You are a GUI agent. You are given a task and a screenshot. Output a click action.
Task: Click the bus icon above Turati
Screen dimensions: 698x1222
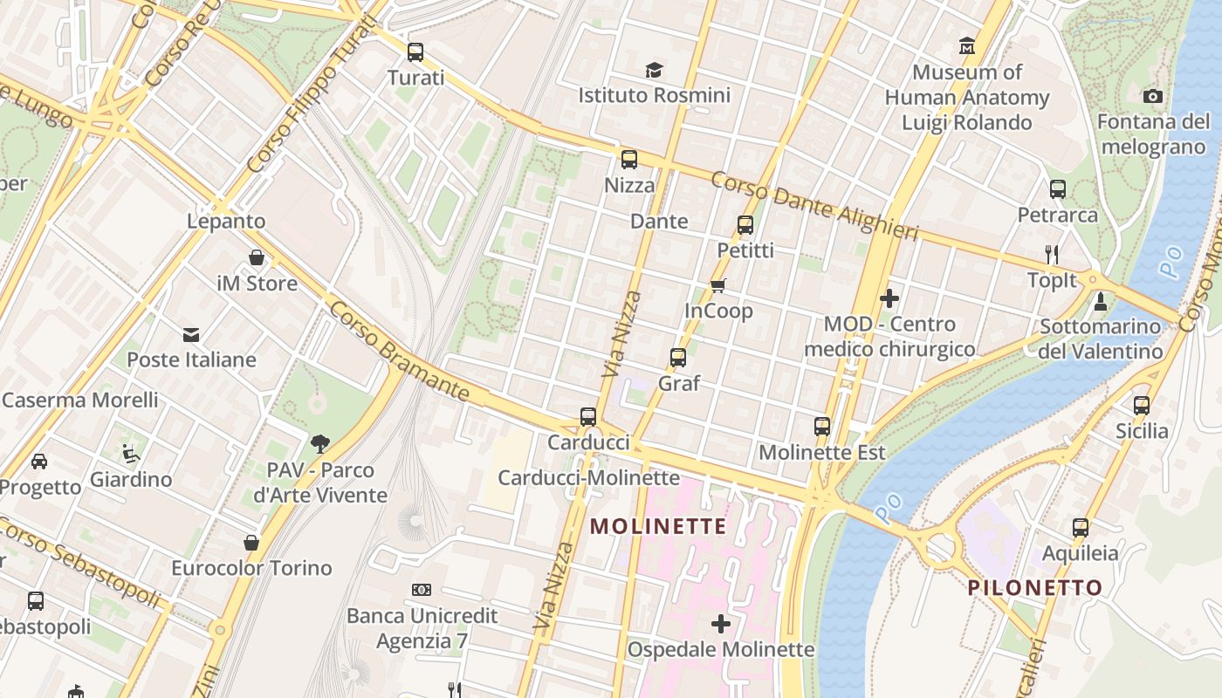coord(415,51)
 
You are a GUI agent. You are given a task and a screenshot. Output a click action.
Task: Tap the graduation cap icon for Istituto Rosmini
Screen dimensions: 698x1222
coord(654,70)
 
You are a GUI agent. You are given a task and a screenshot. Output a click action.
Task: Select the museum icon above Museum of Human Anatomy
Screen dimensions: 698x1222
coord(966,45)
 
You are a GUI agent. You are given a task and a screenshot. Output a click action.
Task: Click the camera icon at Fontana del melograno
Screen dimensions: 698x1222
coord(1152,96)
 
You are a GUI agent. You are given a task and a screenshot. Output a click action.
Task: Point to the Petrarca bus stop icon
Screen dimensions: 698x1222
coord(1058,188)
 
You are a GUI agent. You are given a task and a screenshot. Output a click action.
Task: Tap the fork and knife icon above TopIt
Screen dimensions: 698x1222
coord(1052,255)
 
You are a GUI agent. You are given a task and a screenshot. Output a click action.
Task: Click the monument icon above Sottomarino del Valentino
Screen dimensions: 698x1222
coord(1101,302)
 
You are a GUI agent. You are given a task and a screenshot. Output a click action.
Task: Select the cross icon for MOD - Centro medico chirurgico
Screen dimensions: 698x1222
coord(889,298)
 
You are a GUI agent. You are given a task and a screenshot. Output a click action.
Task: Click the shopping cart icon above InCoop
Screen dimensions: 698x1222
coord(718,285)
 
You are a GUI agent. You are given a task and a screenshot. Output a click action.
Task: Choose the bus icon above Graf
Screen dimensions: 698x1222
coord(678,357)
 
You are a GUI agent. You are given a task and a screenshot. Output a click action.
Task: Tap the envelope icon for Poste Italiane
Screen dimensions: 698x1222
coord(191,335)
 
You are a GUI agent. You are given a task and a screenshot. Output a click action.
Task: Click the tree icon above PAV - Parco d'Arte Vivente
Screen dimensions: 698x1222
coord(320,444)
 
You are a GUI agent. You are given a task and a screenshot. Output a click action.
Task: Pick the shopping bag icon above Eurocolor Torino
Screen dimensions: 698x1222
coord(251,543)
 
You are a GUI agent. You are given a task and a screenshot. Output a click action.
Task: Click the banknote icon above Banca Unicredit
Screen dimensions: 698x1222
coord(422,590)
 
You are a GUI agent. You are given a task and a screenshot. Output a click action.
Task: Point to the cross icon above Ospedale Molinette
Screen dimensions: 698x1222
coord(721,624)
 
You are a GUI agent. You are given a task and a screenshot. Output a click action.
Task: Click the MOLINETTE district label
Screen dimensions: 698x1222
coord(658,526)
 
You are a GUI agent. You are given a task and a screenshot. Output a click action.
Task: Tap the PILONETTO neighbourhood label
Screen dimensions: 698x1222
coord(1034,587)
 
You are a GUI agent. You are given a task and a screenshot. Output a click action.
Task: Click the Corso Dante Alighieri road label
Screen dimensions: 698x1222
coord(814,206)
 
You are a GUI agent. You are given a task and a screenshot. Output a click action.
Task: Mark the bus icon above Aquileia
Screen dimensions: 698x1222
coord(1081,528)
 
